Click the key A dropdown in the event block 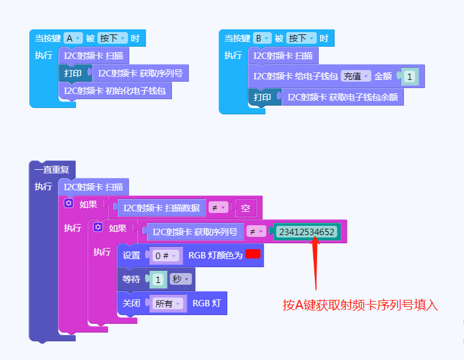point(73,39)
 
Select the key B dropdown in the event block point(262,39)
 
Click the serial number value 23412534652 point(307,232)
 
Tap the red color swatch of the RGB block point(252,254)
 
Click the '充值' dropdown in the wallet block point(356,76)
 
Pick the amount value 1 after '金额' point(409,76)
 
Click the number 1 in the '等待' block point(157,279)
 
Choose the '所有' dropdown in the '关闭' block point(167,303)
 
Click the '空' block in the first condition point(245,207)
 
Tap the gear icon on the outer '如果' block point(69,203)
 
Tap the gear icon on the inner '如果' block point(98,227)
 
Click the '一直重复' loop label point(51,170)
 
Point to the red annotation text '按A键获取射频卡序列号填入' point(360,305)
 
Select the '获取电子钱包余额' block point(343,97)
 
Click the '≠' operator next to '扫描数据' point(218,207)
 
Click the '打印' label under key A point(73,74)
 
